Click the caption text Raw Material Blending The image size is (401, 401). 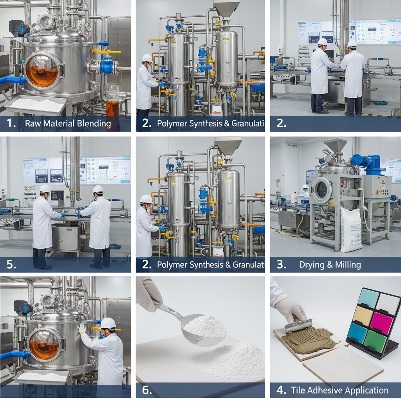(68, 124)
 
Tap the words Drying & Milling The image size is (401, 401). (330, 264)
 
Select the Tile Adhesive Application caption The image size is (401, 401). (340, 390)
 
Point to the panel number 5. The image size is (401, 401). (11, 264)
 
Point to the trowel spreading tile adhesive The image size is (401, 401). (299, 325)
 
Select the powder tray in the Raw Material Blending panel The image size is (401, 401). (37, 105)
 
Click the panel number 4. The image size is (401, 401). (281, 390)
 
